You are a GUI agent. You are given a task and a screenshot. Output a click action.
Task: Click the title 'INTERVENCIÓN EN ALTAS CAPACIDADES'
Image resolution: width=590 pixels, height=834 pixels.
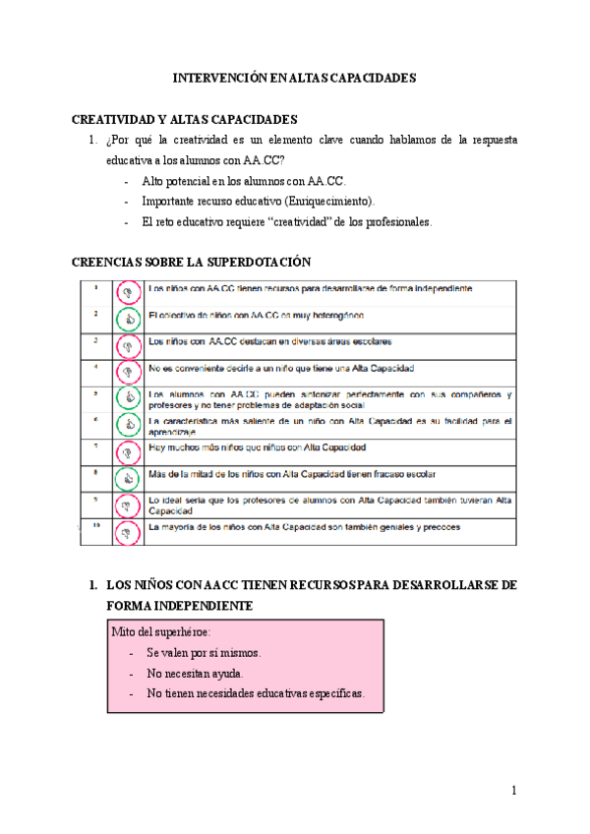[x=295, y=76]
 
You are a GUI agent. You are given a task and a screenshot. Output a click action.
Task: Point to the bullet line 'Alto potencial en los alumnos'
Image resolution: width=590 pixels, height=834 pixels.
[x=243, y=182]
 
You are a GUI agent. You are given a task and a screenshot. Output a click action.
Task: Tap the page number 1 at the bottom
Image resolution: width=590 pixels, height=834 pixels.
[x=513, y=791]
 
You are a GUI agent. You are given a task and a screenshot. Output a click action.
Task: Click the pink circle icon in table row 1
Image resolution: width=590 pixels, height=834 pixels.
[x=126, y=291]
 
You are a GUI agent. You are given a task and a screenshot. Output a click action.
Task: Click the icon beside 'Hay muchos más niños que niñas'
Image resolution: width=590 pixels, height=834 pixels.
[x=126, y=451]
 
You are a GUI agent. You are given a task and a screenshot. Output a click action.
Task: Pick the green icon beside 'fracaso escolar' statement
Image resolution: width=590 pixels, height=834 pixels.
[x=126, y=478]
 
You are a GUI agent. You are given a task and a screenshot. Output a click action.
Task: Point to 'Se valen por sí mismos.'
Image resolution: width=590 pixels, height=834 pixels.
[x=204, y=653]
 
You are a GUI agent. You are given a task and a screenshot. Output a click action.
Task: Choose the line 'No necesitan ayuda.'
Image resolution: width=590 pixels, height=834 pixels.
[x=194, y=674]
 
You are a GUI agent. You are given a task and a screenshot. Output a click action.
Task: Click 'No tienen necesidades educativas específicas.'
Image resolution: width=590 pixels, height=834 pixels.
[x=256, y=693]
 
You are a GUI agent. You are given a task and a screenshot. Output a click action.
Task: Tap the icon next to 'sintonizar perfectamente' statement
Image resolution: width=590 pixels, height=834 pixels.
[x=126, y=397]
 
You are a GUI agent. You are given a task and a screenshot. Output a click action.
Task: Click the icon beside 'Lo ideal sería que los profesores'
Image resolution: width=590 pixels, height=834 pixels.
[x=126, y=506]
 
